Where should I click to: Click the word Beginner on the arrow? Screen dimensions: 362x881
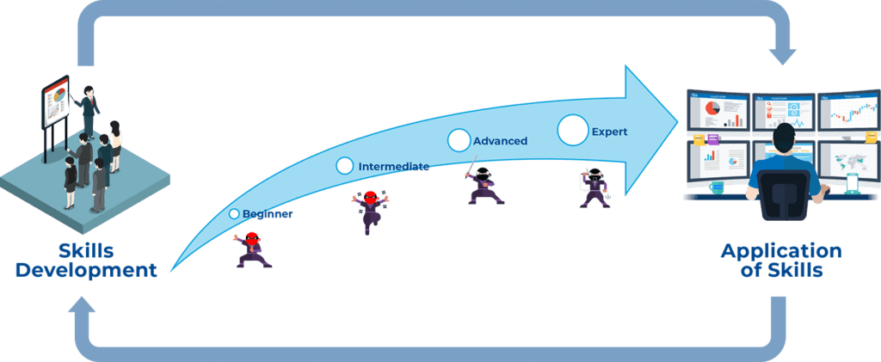click(x=268, y=214)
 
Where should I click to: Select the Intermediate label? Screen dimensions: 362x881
click(x=393, y=167)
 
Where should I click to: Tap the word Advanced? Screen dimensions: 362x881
click(x=500, y=140)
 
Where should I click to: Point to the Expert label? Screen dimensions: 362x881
click(x=609, y=132)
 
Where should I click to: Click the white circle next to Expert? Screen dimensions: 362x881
click(x=572, y=130)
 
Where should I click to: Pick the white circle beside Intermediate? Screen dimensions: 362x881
click(x=344, y=165)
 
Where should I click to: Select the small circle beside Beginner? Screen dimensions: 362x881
click(x=233, y=213)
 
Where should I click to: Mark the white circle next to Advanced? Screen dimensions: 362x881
click(x=459, y=139)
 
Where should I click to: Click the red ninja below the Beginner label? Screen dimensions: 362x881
click(x=252, y=250)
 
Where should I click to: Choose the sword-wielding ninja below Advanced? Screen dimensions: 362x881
click(x=484, y=185)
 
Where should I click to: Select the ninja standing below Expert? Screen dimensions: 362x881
click(x=594, y=187)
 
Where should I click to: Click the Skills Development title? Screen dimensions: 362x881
click(x=86, y=261)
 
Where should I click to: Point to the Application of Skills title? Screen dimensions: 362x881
click(x=780, y=261)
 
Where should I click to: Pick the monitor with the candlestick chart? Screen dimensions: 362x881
click(x=847, y=114)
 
